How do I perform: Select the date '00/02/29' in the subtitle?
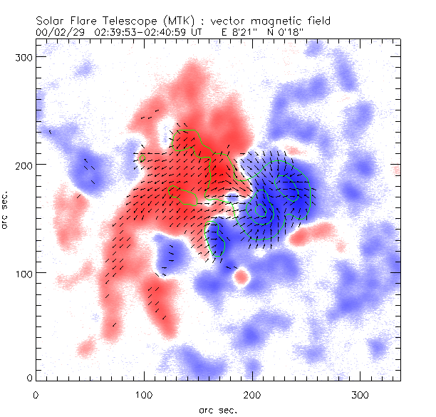tap(58, 31)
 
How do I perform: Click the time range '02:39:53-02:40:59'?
tap(138, 31)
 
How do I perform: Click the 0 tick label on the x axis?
tap(36, 394)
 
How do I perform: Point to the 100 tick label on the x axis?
tap(144, 394)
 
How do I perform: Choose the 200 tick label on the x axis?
tap(252, 394)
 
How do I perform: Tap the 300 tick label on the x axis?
tap(360, 394)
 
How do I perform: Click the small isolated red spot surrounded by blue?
tap(241, 277)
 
